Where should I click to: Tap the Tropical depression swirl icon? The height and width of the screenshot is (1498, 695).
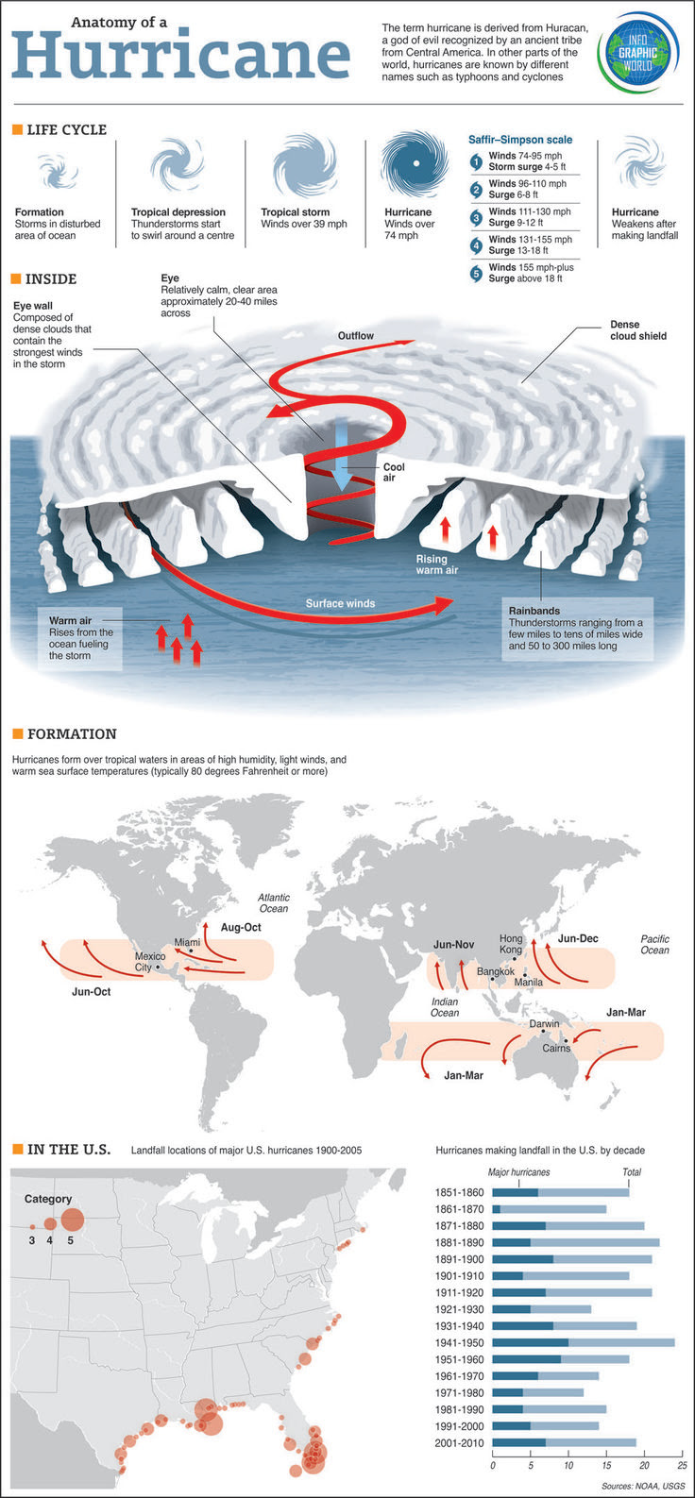click(177, 167)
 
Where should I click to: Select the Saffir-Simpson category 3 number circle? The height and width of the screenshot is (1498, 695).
click(477, 217)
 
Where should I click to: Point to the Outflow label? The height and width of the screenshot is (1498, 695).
click(356, 336)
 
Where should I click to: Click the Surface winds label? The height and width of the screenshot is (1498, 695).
click(340, 603)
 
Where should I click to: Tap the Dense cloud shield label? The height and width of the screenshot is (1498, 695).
click(637, 330)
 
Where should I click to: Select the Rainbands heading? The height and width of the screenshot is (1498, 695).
click(534, 612)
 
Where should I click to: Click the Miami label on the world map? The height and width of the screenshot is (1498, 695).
click(187, 943)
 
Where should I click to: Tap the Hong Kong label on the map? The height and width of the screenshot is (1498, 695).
click(510, 944)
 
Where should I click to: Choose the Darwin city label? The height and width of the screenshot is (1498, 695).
click(544, 1024)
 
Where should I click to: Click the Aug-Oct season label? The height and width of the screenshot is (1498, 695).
click(241, 928)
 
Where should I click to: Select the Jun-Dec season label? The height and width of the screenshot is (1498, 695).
click(577, 939)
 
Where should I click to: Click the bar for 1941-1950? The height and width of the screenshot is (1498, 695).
click(583, 1342)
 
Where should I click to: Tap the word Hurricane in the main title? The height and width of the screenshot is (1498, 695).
click(180, 54)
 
